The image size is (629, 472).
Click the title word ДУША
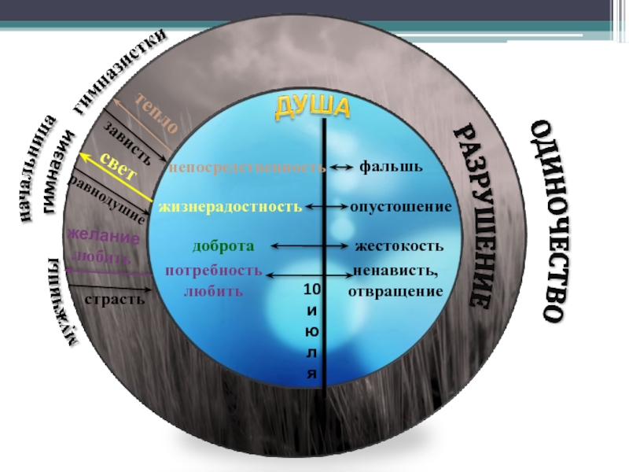[x=311, y=109]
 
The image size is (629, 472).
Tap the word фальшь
[x=391, y=167]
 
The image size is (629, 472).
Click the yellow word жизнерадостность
[x=230, y=207]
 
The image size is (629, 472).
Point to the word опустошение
[x=401, y=207]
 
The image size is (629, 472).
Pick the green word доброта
[x=223, y=246]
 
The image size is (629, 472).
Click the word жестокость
[x=399, y=246]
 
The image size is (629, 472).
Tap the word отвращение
[x=395, y=291]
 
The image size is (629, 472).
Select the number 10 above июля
[x=311, y=291]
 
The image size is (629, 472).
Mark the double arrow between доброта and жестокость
[x=308, y=246]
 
